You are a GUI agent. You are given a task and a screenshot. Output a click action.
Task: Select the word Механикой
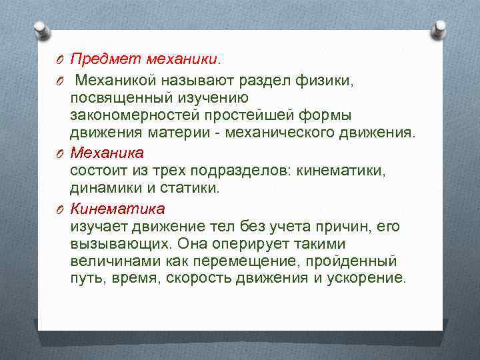coord(115,81)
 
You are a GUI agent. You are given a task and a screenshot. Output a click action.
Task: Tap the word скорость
coord(193,278)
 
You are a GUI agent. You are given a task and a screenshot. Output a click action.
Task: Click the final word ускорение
coord(365,278)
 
